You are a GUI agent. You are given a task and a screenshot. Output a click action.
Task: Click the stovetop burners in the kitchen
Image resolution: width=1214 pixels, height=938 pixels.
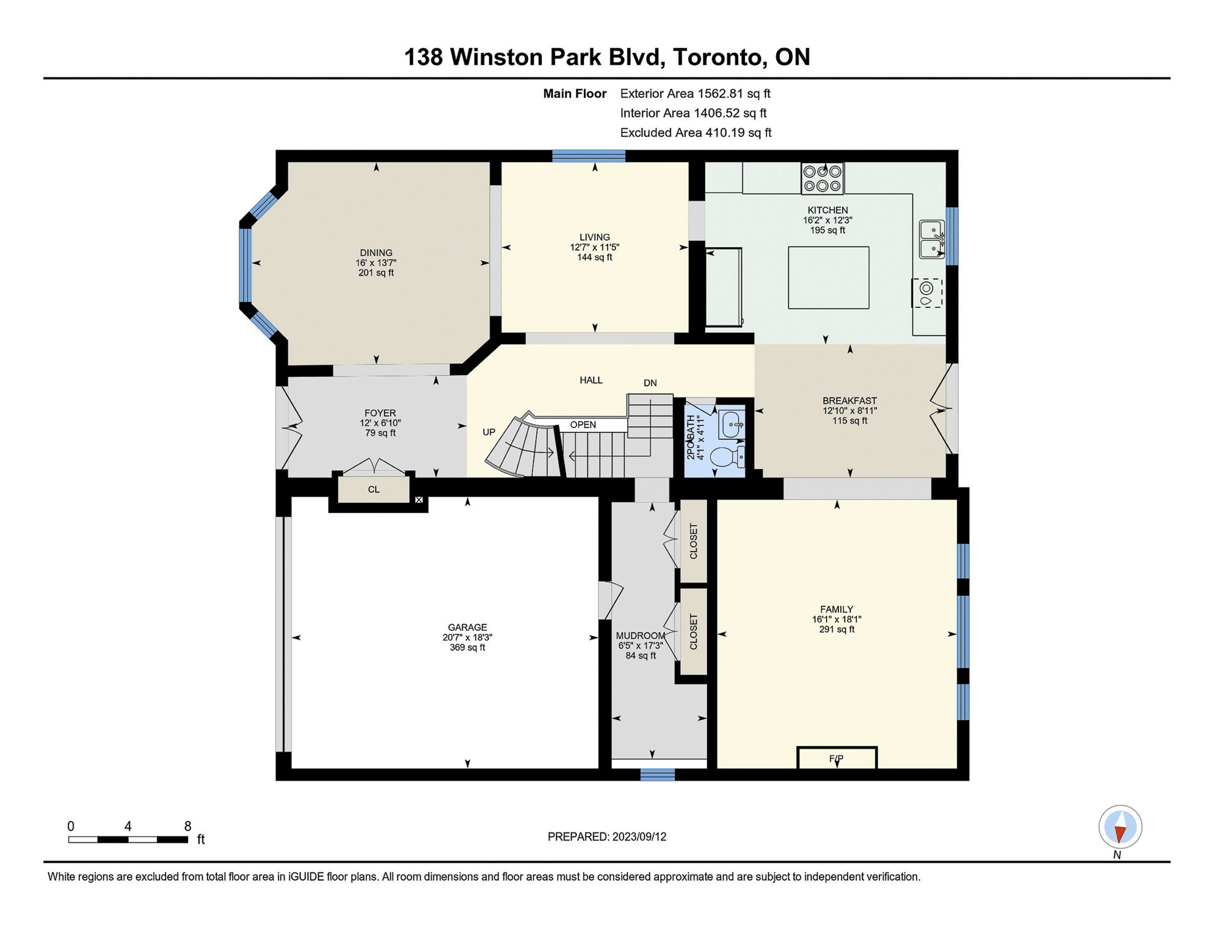[x=823, y=178]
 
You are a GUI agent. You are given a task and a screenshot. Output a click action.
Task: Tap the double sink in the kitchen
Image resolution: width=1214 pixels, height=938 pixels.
[x=932, y=239]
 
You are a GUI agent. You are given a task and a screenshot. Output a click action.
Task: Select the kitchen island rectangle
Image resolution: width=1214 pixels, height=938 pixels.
[x=829, y=278]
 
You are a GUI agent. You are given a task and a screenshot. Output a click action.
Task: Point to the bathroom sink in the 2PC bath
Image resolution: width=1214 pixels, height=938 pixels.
[x=732, y=424]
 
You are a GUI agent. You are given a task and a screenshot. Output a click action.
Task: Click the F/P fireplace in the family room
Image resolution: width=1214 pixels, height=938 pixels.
[x=837, y=758]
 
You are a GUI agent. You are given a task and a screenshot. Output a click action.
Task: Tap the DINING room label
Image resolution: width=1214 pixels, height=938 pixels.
[x=376, y=253]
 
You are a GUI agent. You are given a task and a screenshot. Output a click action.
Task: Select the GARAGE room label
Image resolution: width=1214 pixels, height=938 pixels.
[x=468, y=627]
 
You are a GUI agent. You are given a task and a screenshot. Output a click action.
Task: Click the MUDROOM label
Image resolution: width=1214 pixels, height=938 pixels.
[x=641, y=636]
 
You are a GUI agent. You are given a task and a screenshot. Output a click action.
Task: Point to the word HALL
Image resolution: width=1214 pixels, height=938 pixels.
[x=591, y=380]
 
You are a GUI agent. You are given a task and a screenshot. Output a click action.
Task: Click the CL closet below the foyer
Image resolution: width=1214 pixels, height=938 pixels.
[x=374, y=490]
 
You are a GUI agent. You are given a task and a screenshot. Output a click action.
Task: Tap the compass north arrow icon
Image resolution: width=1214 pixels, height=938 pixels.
[x=1121, y=827]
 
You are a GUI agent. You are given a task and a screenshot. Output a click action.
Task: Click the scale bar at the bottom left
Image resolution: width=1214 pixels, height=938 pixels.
[x=128, y=840]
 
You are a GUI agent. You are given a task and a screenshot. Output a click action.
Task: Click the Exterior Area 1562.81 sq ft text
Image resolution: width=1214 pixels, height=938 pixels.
[x=695, y=93]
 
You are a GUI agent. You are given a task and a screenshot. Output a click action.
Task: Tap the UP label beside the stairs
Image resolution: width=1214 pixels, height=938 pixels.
[x=489, y=432]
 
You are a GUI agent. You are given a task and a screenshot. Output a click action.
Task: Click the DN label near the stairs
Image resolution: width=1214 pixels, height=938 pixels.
[x=650, y=383]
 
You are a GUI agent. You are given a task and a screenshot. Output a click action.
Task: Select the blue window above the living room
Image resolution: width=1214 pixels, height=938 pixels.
[x=589, y=156]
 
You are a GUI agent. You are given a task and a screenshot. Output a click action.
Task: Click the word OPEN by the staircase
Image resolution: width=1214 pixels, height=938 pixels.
[x=583, y=425]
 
